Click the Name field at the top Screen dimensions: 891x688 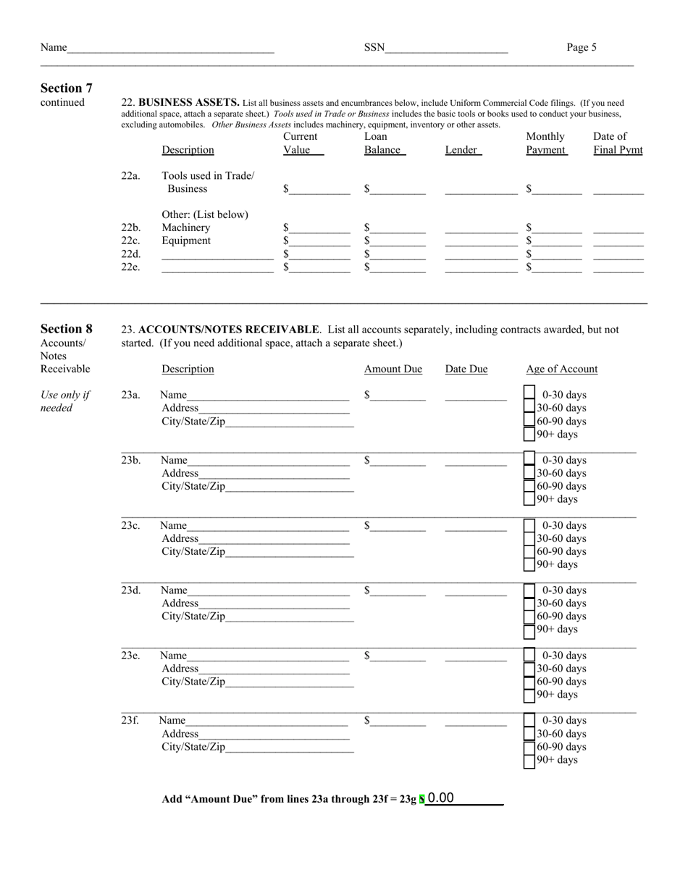pos(170,48)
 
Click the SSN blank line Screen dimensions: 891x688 pos(446,48)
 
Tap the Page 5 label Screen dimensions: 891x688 pos(582,48)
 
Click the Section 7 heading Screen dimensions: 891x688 pos(67,88)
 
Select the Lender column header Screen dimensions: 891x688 pos(461,150)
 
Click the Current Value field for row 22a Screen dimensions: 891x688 pos(319,189)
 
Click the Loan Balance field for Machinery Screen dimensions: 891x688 pos(398,228)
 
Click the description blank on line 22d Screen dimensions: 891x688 pos(217,254)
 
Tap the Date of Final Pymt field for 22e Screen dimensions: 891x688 pos(618,267)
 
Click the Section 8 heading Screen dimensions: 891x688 pos(67,329)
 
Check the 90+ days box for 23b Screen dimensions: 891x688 pos(529,499)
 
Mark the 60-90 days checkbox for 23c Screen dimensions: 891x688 pos(529,551)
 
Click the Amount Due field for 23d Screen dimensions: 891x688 pos(398,591)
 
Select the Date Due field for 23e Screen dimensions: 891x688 pos(476,656)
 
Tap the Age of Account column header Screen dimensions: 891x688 pos(561,369)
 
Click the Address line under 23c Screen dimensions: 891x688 pos(273,539)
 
